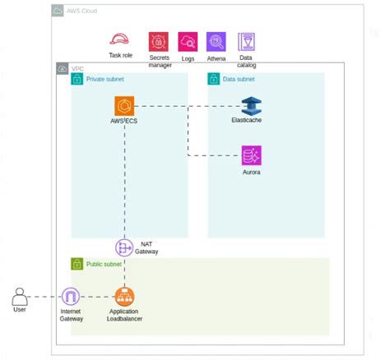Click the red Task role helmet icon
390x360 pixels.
(x=120, y=40)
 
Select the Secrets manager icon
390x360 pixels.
(x=158, y=42)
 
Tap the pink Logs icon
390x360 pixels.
(x=188, y=42)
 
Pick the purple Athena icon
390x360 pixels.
(x=216, y=42)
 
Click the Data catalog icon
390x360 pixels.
(x=246, y=41)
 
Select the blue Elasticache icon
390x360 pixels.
(x=251, y=106)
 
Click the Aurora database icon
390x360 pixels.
(x=251, y=155)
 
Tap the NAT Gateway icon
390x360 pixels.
(x=124, y=247)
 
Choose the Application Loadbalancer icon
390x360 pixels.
(x=125, y=297)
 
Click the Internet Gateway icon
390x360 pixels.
(x=71, y=297)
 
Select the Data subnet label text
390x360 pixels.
(x=239, y=80)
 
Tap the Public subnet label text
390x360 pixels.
(x=104, y=265)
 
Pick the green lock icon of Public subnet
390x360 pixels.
(x=77, y=265)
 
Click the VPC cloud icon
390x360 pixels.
(x=62, y=68)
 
